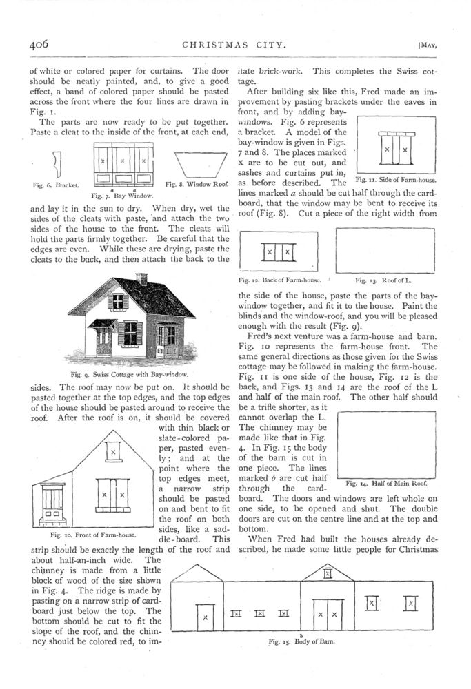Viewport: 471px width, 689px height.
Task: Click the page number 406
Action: tap(39, 43)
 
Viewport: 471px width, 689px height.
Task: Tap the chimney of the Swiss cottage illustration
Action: tap(142, 278)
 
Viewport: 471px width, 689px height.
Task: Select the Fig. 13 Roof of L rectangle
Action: tap(384, 251)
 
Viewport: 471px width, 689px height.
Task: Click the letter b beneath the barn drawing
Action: tap(301, 633)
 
